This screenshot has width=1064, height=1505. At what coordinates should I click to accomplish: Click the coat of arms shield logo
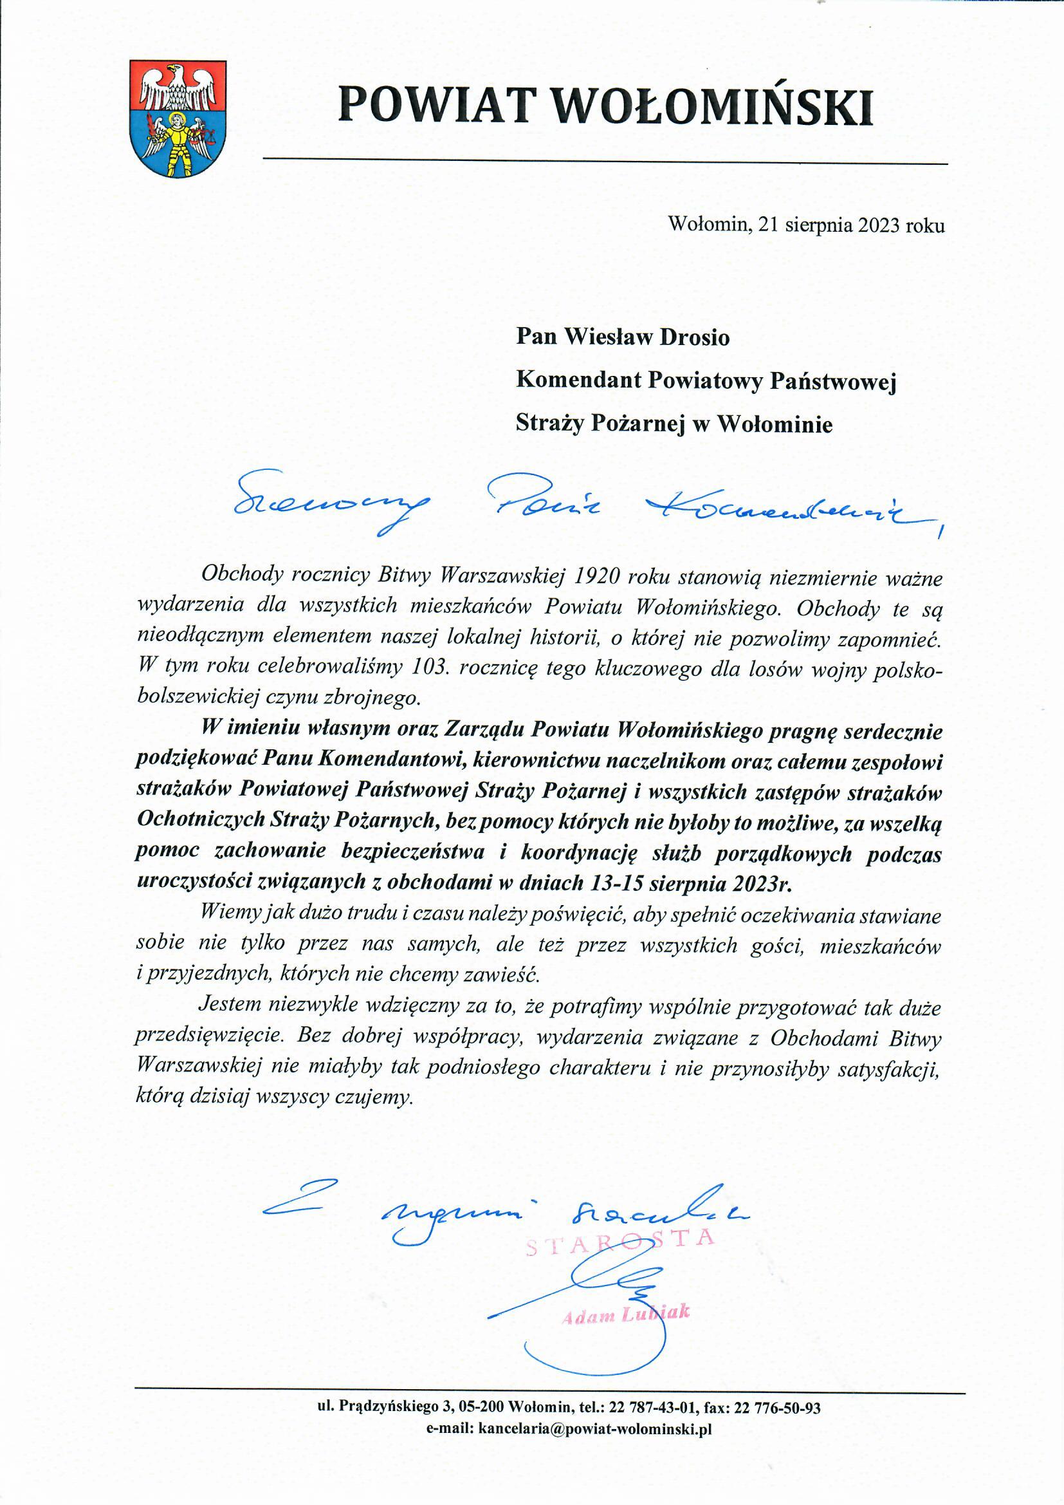click(x=178, y=118)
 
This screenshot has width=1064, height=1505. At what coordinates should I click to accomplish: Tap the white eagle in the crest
click(x=178, y=86)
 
